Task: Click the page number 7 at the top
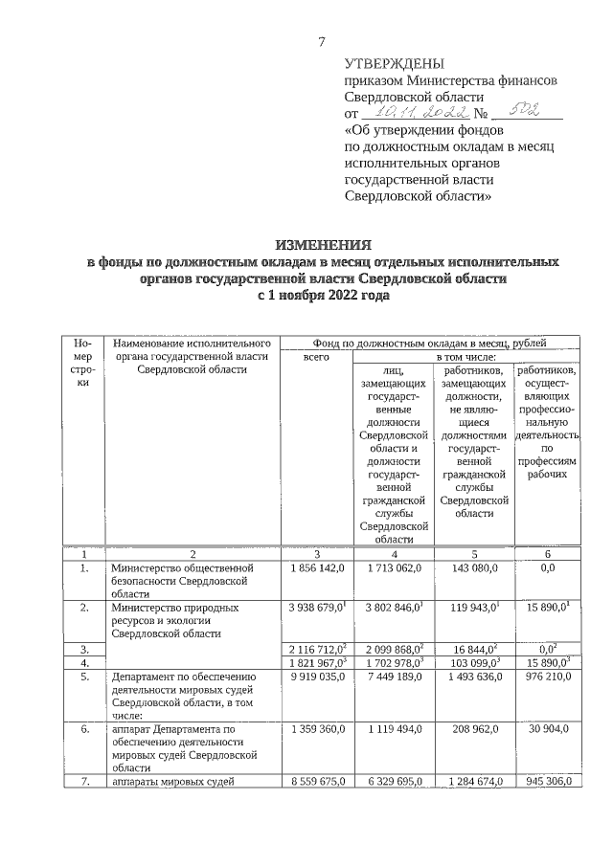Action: (x=322, y=40)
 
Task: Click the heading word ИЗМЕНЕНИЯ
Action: (x=319, y=244)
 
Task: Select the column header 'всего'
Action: (x=316, y=355)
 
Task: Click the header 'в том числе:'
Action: (x=465, y=355)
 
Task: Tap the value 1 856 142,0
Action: (x=316, y=567)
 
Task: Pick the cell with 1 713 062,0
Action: (x=394, y=567)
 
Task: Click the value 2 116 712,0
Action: (x=315, y=649)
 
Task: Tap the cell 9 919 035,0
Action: (x=316, y=676)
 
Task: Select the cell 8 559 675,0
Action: (x=316, y=781)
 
